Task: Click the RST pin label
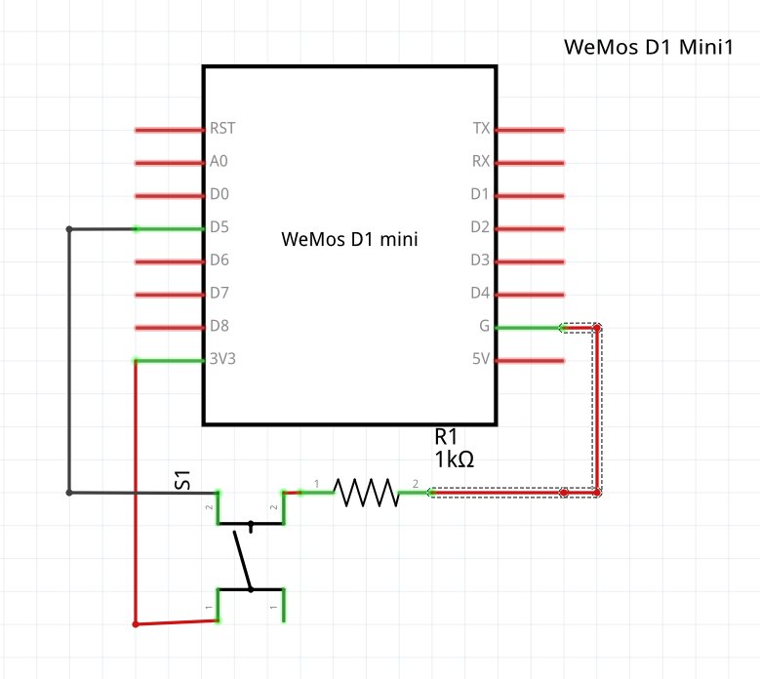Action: click(x=222, y=129)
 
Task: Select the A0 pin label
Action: click(x=220, y=162)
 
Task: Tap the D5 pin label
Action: click(x=220, y=228)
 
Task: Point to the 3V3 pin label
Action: click(x=222, y=360)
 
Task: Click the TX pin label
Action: click(x=481, y=129)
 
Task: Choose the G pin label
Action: click(x=485, y=327)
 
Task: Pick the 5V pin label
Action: click(x=480, y=360)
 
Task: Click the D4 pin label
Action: click(x=480, y=294)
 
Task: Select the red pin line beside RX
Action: click(x=530, y=162)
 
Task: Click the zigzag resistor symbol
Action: click(x=367, y=493)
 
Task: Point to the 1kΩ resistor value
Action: click(x=455, y=459)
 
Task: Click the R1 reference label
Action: click(x=446, y=436)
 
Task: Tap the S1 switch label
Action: click(x=182, y=480)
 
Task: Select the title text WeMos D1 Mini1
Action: click(x=648, y=47)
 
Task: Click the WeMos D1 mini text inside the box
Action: click(x=349, y=238)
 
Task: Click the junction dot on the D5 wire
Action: click(x=68, y=229)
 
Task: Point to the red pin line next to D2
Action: click(x=530, y=228)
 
